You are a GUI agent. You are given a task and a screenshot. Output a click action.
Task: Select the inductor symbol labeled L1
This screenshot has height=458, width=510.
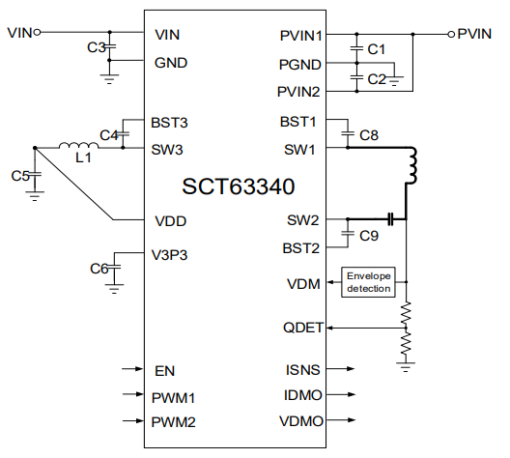pos(78,148)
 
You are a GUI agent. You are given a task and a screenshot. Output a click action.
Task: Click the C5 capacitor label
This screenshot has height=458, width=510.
pos(19,176)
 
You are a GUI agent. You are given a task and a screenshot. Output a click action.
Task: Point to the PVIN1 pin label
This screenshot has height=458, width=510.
pos(300,35)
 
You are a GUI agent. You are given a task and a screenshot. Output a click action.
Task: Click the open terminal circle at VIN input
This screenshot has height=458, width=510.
pos(38,32)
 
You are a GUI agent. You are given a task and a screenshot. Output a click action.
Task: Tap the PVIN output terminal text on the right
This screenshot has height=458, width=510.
pos(474,33)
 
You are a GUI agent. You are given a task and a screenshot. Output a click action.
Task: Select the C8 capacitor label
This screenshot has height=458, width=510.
pos(368,135)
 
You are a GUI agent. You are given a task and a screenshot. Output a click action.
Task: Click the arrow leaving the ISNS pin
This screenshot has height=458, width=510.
pos(345,369)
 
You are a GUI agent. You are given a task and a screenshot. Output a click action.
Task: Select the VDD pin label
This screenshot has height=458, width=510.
pos(171,220)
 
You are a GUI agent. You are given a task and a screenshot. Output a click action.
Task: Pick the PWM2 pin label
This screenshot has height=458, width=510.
pos(174,421)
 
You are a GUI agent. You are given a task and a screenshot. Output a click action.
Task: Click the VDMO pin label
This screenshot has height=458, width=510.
pos(302,421)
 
